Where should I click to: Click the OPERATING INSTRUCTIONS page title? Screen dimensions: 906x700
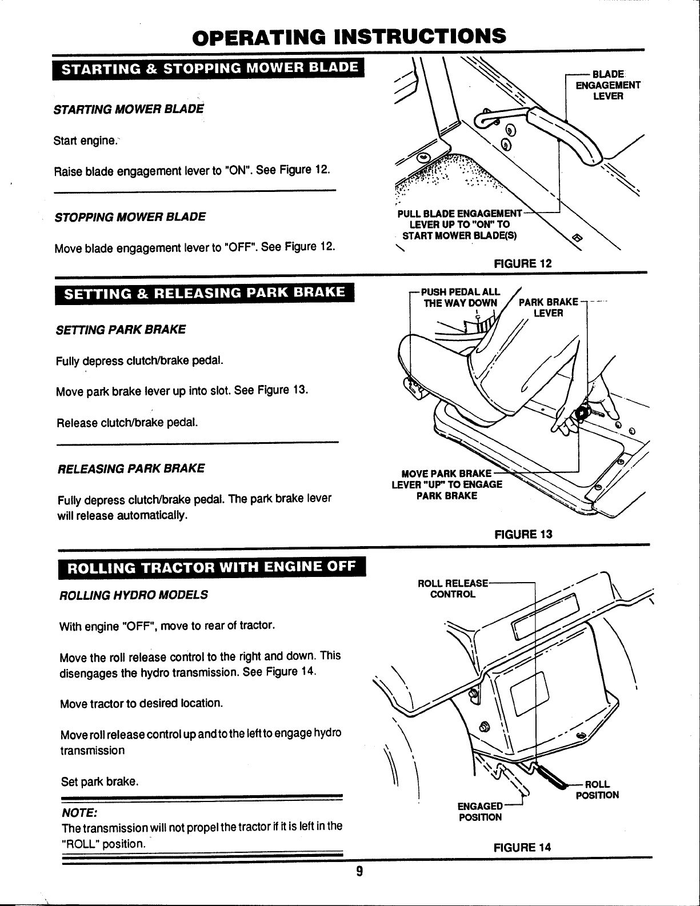[349, 36]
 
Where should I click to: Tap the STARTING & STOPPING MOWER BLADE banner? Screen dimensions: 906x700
[209, 69]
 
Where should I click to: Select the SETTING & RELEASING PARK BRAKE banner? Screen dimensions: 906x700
[205, 293]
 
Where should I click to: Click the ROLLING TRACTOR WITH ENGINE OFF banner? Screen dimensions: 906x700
[211, 568]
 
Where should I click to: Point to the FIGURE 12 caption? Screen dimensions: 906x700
[523, 263]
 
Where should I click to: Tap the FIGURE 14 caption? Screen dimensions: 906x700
[523, 847]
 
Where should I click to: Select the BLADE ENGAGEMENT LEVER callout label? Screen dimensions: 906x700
[607, 86]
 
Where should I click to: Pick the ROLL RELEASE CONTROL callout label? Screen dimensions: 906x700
[453, 589]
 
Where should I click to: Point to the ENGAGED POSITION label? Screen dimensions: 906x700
[480, 812]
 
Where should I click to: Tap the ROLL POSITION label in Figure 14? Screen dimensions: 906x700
[597, 789]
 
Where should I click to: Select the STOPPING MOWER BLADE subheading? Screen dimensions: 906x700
[130, 217]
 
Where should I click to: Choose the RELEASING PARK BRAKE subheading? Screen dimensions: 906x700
[131, 468]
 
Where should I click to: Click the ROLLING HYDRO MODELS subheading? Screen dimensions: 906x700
[134, 595]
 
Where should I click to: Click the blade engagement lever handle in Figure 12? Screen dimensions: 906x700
[565, 130]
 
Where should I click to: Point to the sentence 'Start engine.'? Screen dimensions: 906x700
[85, 141]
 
